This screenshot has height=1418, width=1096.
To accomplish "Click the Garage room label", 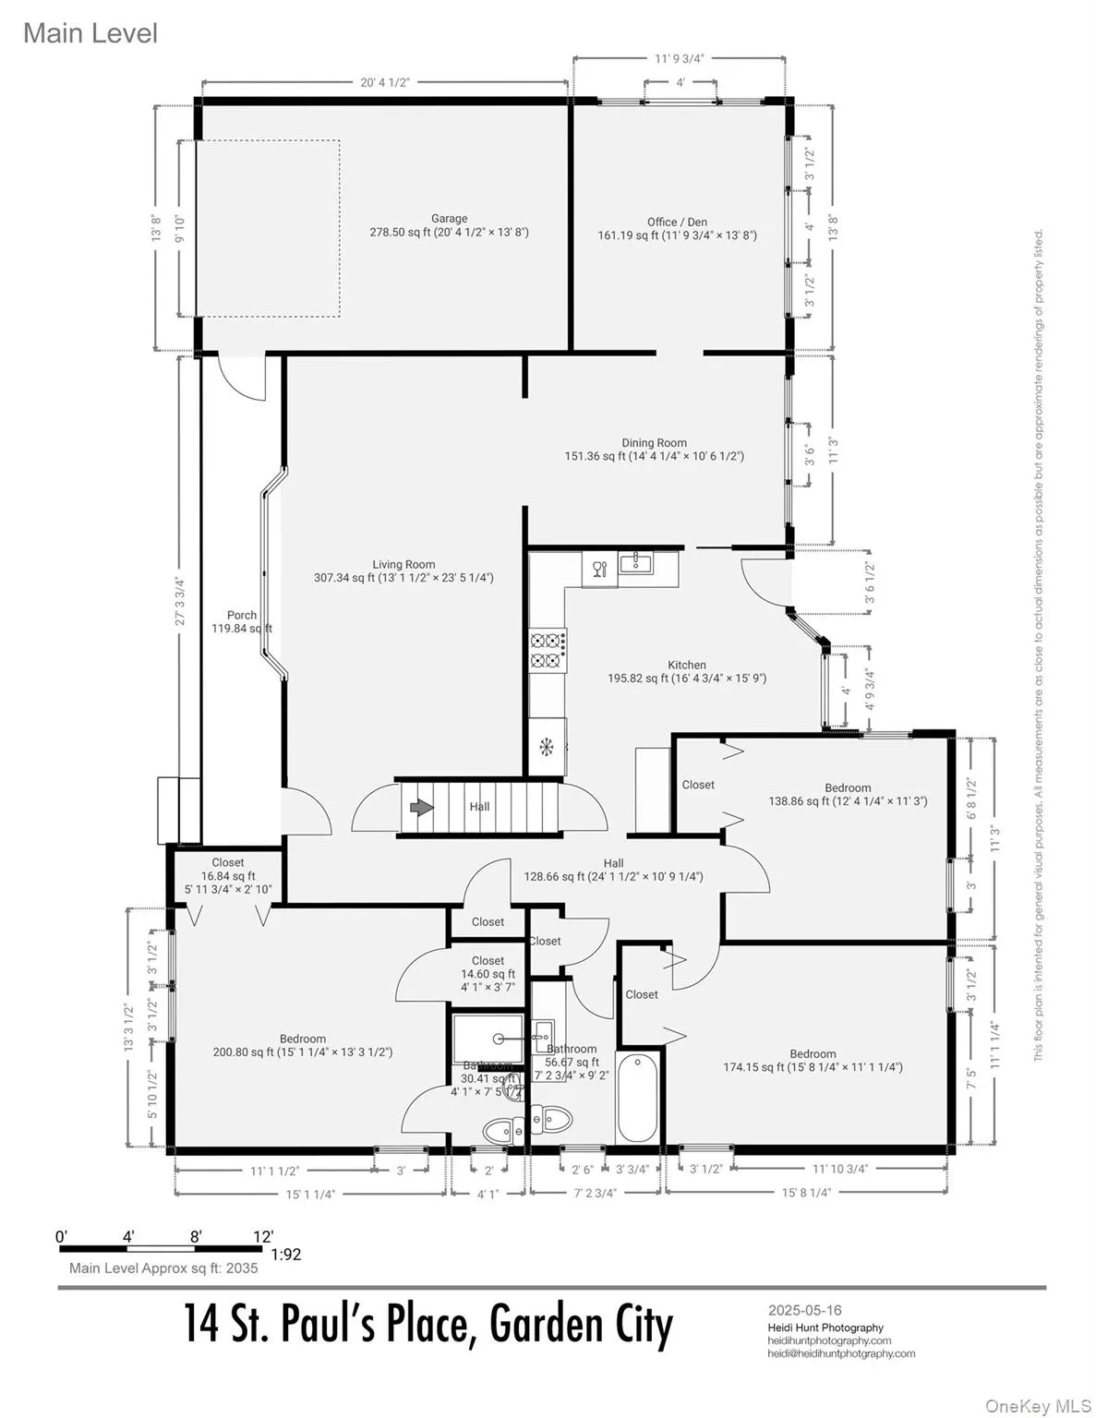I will click(x=449, y=220).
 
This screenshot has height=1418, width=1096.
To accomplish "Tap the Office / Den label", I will click(x=677, y=222).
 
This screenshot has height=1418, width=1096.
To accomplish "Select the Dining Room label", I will click(x=654, y=443).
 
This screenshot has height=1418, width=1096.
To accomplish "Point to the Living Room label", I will click(x=403, y=565).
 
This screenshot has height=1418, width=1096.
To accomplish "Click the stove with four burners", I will click(x=547, y=649).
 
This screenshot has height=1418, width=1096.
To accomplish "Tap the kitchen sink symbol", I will click(x=636, y=563).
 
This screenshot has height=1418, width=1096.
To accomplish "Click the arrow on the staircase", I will click(x=422, y=808).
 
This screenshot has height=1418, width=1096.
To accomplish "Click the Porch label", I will click(x=242, y=616).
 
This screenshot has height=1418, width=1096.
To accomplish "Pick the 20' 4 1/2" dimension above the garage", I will click(x=384, y=82).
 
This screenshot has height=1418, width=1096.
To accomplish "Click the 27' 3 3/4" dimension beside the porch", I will click(x=181, y=602).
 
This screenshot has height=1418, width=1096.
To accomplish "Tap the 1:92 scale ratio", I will click(x=286, y=1255).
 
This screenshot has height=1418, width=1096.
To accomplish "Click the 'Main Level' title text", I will click(x=90, y=33).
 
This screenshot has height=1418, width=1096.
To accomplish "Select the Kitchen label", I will click(x=687, y=665).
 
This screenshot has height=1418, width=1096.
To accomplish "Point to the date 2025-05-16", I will click(x=804, y=1310).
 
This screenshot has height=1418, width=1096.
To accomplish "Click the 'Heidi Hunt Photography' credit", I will click(x=825, y=1328).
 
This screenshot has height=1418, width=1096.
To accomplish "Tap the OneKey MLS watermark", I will click(x=1038, y=1405).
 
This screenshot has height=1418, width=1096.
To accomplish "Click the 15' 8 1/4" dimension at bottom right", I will click(x=806, y=1192).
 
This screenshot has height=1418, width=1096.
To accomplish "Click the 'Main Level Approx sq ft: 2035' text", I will click(x=163, y=1268).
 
